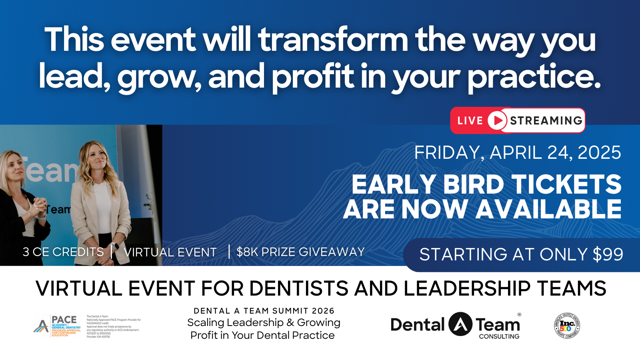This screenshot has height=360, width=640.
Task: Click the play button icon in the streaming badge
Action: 497,120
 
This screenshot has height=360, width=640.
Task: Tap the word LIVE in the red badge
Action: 470,121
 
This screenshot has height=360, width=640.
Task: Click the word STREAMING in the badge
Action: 546,120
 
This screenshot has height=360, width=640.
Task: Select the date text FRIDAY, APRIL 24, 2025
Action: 517,153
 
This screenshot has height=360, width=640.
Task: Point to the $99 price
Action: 608,254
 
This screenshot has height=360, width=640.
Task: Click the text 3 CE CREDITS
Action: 63,252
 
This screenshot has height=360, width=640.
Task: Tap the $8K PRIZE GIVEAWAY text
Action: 300,252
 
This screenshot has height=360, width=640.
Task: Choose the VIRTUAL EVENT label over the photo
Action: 170,252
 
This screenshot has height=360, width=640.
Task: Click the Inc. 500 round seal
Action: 567,326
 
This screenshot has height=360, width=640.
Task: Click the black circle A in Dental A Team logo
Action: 460,324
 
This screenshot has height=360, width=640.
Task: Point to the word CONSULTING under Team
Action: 499,336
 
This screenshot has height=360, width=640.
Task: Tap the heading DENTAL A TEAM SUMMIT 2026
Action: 264,311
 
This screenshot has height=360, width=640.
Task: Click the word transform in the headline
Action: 333,40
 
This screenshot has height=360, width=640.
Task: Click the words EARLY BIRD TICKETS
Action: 486,184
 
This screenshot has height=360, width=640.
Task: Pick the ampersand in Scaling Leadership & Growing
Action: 290,323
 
